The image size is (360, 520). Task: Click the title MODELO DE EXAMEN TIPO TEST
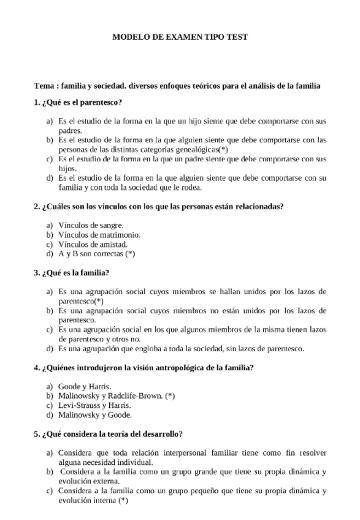(x=180, y=37)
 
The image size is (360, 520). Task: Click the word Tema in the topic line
(x=44, y=86)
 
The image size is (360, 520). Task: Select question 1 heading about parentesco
(x=78, y=102)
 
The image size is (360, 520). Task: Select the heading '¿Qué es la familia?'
(x=75, y=272)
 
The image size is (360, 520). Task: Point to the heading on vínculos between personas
(x=158, y=206)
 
